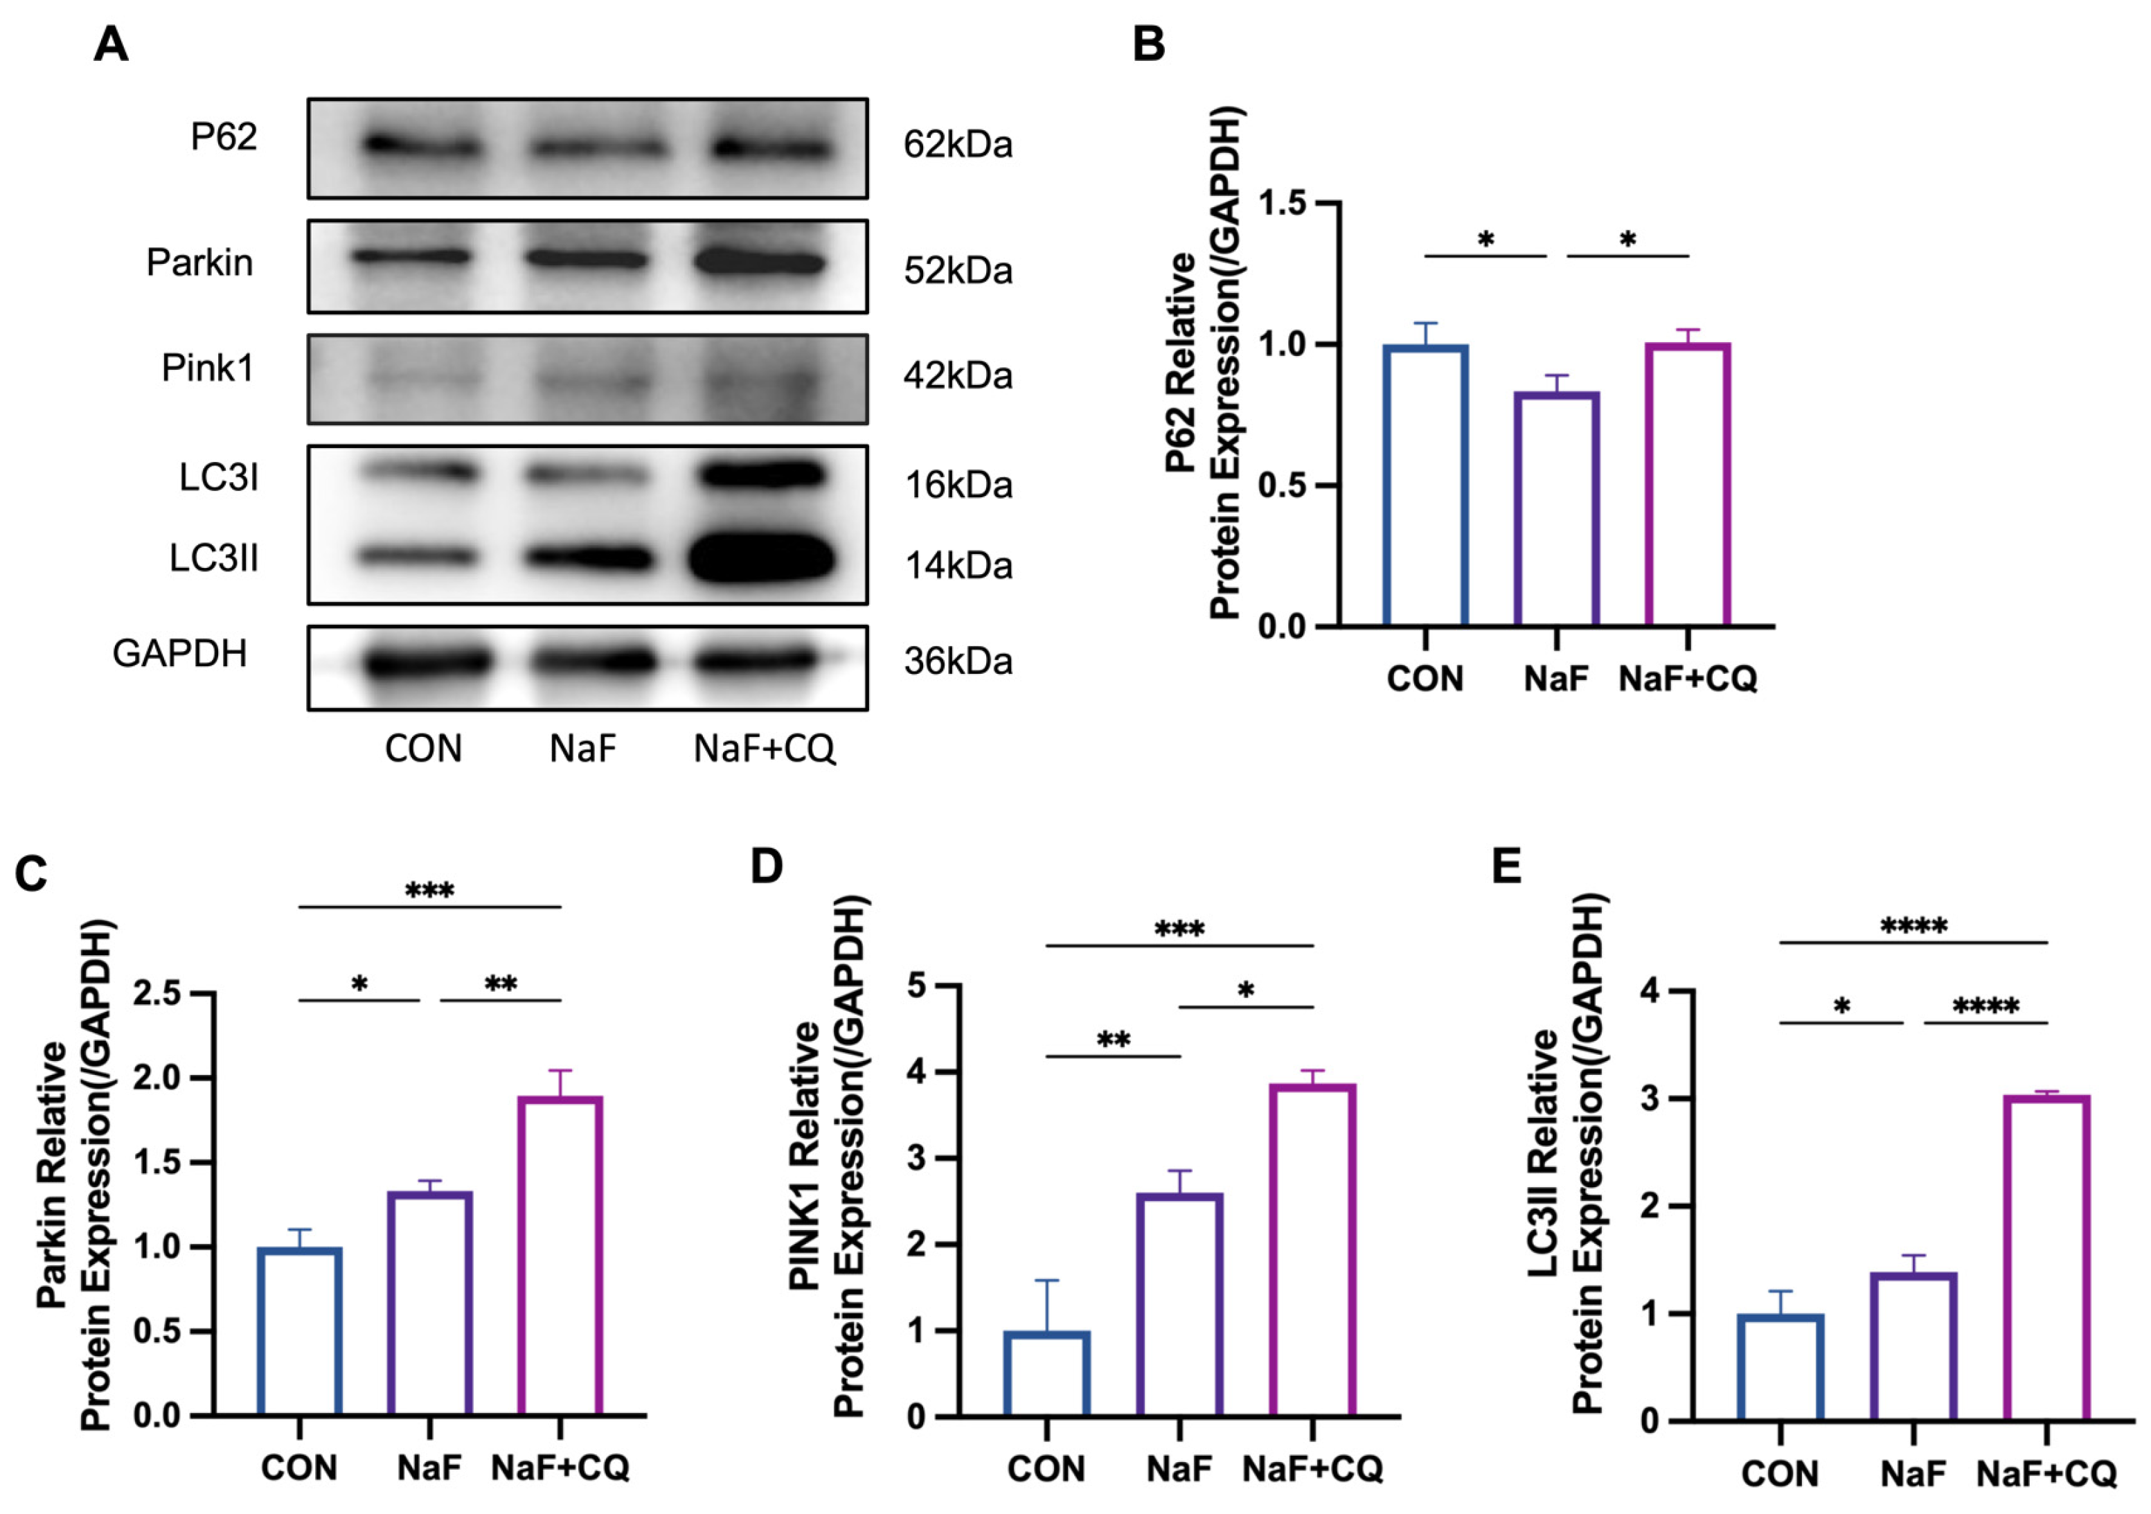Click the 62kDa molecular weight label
958,145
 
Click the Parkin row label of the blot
199,262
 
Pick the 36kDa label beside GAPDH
958,661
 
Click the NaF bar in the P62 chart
1556,510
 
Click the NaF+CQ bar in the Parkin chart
560,1256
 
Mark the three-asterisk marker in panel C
429,891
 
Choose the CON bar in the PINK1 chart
1046,1373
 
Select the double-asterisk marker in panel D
1113,1040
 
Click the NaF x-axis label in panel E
1912,1474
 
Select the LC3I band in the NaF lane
584,476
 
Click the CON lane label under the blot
423,749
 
